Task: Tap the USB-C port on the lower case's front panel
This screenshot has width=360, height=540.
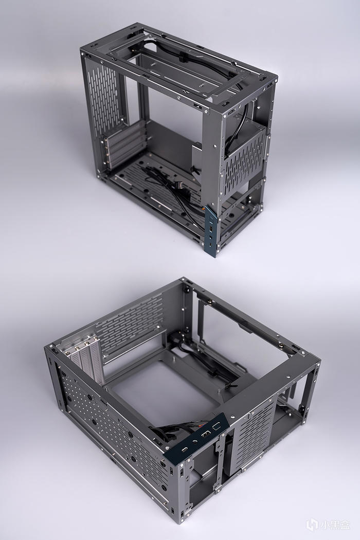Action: [185, 450]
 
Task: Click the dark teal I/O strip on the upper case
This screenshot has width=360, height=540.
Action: [211, 231]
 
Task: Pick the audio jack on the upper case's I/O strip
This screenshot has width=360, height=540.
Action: [210, 237]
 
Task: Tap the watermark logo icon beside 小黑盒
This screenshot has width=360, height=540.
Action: [312, 525]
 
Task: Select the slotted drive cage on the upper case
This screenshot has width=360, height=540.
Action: [245, 157]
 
